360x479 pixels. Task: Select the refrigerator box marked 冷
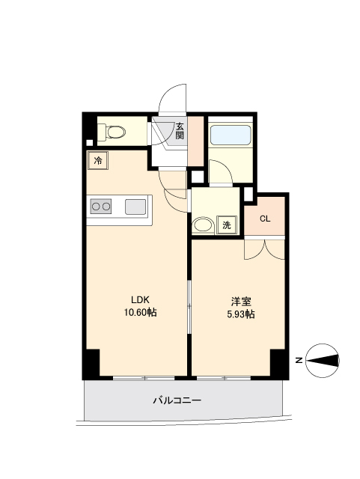click(x=98, y=160)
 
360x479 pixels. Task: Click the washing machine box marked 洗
click(x=227, y=225)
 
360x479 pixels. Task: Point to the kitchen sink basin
click(x=135, y=207)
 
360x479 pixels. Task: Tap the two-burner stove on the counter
click(x=101, y=207)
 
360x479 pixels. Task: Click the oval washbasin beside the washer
click(x=203, y=225)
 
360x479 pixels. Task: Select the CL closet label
click(x=265, y=219)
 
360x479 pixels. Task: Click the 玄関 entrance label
click(x=180, y=131)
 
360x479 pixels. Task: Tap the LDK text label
click(x=140, y=299)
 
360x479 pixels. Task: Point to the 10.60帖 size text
click(x=140, y=312)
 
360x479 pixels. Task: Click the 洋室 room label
click(x=241, y=302)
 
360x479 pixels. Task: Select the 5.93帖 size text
click(x=241, y=314)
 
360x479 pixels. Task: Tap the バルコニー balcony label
click(x=177, y=400)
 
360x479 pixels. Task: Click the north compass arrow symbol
click(x=323, y=361)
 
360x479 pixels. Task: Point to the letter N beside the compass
click(x=299, y=361)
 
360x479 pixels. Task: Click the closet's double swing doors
click(x=265, y=249)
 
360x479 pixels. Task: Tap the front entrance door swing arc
click(x=172, y=98)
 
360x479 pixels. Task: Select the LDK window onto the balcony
click(x=144, y=378)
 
